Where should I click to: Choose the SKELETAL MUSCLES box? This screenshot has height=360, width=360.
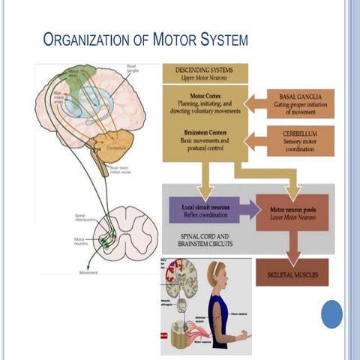pyautogui.click(x=292, y=274)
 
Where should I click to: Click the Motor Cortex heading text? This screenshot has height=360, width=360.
pyautogui.click(x=205, y=96)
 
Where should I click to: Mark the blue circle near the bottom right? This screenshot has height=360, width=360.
pyautogui.click(x=331, y=313)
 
